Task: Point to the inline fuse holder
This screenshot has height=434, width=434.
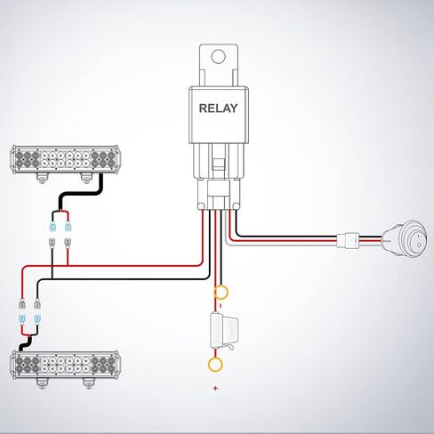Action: pyautogui.click(x=219, y=328)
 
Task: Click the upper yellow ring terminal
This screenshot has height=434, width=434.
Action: pyautogui.click(x=219, y=292)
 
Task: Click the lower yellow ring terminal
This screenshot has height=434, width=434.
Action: pyautogui.click(x=214, y=363)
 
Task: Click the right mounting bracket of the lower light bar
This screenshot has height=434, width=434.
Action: pyautogui.click(x=87, y=382)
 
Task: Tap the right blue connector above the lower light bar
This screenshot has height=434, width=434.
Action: pyautogui.click(x=38, y=317)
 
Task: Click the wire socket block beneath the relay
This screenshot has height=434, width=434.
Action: pyautogui.click(x=215, y=190)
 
